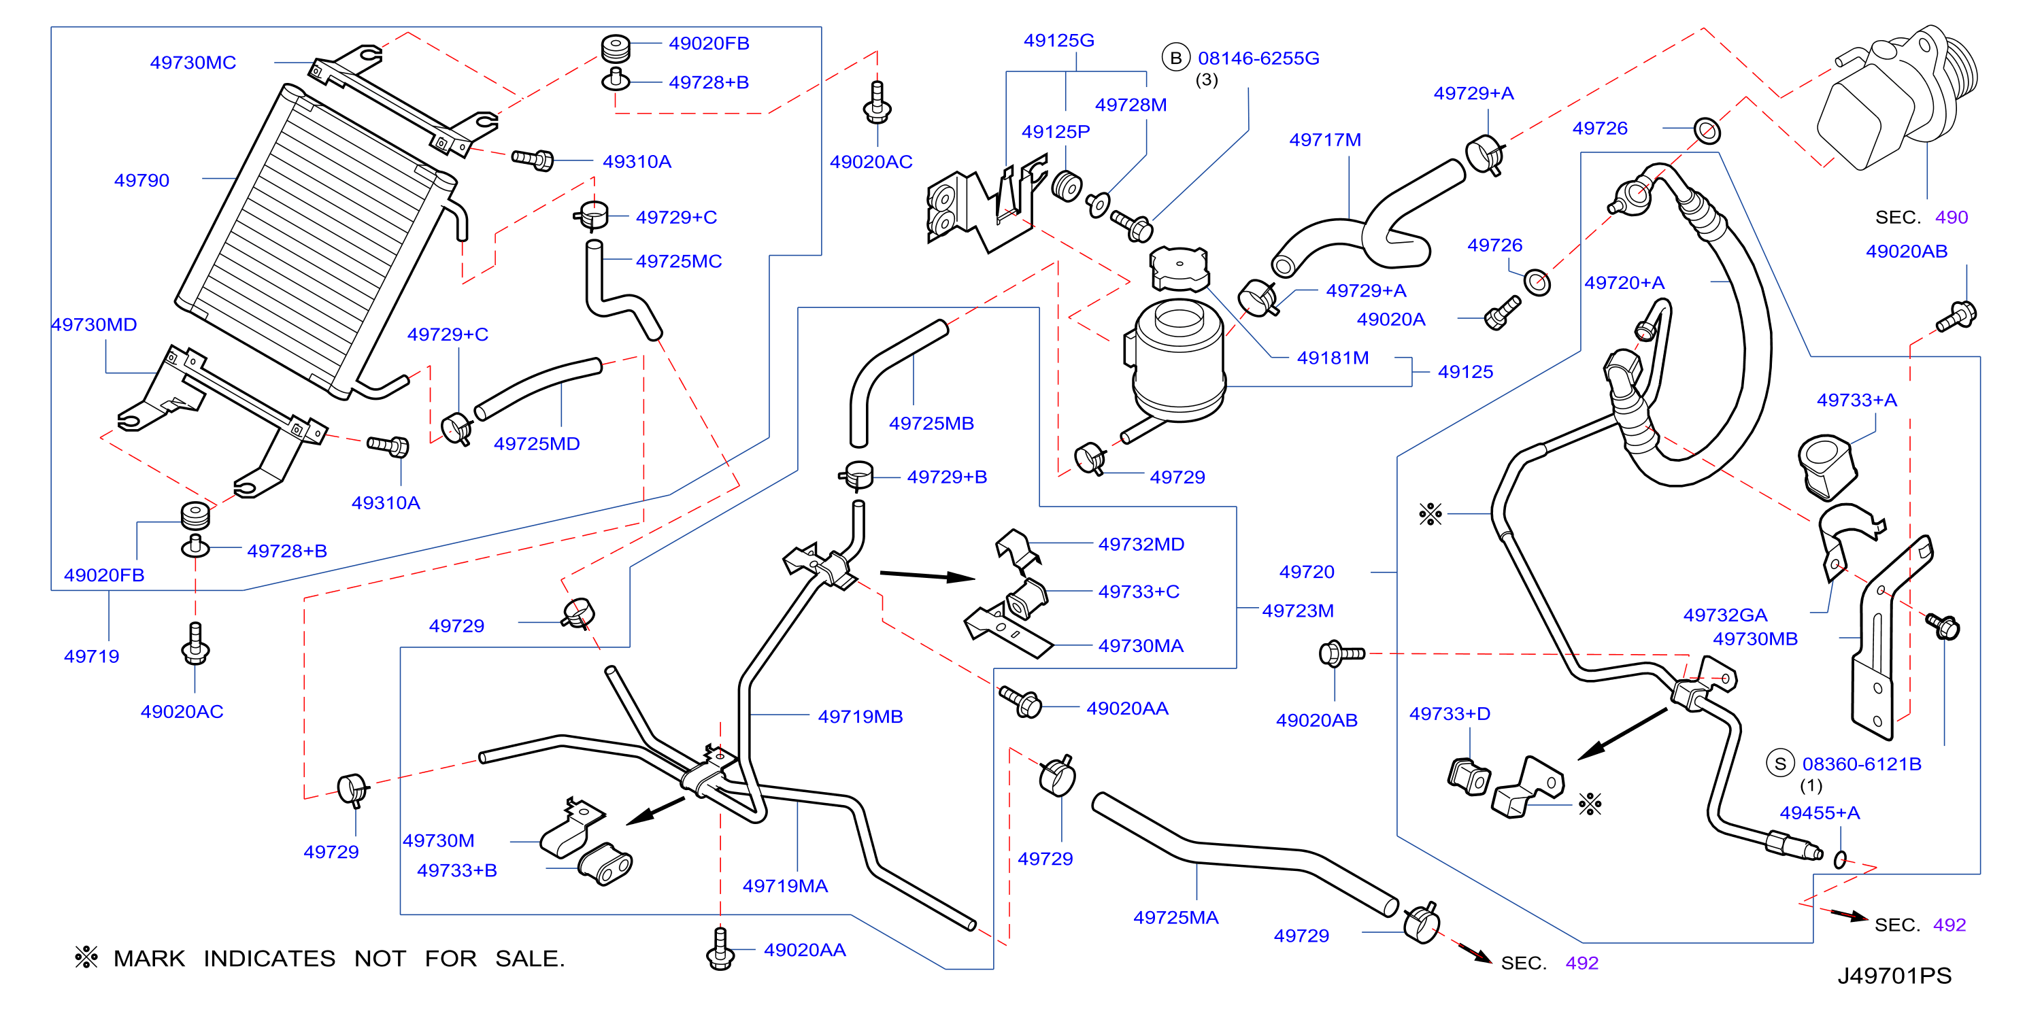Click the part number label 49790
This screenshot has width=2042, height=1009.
[x=142, y=181]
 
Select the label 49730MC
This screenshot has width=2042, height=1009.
[x=193, y=63]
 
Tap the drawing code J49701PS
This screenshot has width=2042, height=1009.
[x=1894, y=976]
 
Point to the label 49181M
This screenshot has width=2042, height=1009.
[x=1333, y=358]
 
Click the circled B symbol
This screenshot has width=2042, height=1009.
[x=1175, y=58]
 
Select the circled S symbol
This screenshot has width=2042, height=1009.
[x=1780, y=764]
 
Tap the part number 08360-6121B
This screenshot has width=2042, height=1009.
[x=1862, y=764]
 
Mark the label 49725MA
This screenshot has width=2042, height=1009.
[x=1175, y=918]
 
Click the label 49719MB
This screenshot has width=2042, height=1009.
[x=860, y=717]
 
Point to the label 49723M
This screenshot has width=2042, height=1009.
[x=1298, y=611]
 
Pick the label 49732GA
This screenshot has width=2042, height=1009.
[x=1725, y=615]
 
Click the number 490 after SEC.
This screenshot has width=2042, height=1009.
[x=1951, y=217]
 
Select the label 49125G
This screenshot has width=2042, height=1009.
[x=1058, y=40]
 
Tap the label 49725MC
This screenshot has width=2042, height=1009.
[x=679, y=262]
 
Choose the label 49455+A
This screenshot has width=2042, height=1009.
[x=1820, y=813]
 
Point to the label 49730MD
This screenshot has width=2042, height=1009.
[x=94, y=325]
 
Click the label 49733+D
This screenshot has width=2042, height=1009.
[x=1449, y=714]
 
